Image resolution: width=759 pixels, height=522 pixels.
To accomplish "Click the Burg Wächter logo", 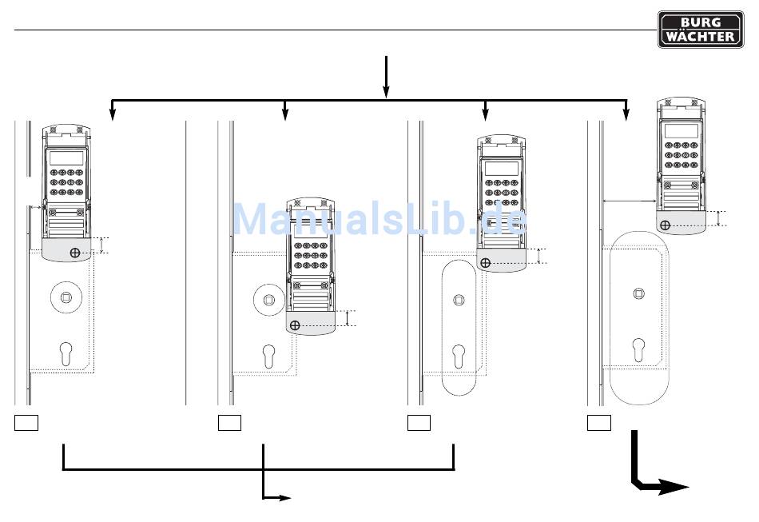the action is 701,30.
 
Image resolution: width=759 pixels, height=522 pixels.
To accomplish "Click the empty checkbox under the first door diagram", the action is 26,423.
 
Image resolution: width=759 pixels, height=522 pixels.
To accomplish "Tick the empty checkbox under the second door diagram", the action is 229,423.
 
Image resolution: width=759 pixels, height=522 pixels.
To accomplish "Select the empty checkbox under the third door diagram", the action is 419,423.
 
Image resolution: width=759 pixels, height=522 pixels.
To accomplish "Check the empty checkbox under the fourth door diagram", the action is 598,423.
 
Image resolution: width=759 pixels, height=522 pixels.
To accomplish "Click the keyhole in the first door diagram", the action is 66,354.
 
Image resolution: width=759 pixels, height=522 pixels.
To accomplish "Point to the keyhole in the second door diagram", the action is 268,357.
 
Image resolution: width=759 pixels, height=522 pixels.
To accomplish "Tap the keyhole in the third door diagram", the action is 459,357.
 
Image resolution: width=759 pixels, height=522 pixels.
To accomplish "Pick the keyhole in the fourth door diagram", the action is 638,350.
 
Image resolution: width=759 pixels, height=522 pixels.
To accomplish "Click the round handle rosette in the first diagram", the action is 66,297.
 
